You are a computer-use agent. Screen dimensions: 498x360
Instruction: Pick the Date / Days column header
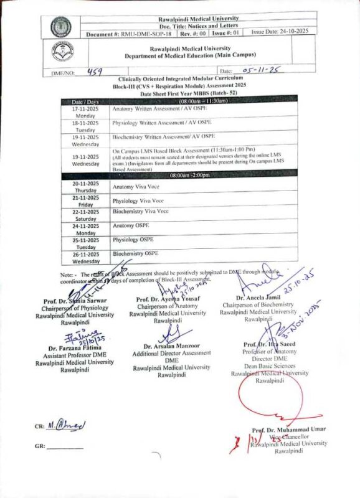click(x=85, y=101)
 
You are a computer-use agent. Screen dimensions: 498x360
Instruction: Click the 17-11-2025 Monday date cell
click(x=85, y=112)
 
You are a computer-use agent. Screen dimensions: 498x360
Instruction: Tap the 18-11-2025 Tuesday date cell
click(x=85, y=126)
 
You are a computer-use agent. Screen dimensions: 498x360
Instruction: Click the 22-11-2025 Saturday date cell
click(x=85, y=215)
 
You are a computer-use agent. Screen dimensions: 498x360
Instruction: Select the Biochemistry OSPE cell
click(x=136, y=254)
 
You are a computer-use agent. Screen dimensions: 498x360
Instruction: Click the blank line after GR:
click(x=65, y=448)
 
